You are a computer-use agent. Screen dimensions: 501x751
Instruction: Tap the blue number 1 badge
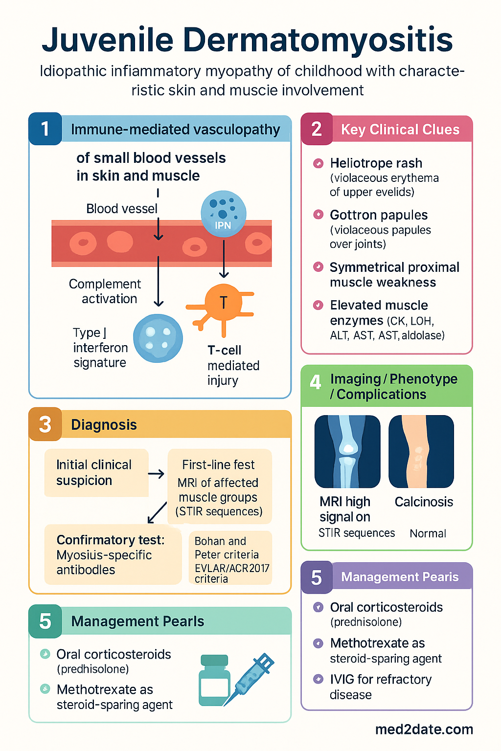(x=45, y=129)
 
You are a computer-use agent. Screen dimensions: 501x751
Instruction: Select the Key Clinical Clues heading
(x=400, y=130)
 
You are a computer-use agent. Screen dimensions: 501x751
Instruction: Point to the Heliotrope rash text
(x=376, y=163)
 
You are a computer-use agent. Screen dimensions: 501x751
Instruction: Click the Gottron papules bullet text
(x=379, y=215)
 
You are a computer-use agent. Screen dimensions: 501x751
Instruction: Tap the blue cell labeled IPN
(x=223, y=214)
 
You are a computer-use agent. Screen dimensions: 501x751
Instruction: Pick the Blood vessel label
(x=121, y=209)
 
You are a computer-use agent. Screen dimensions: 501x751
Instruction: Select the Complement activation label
(x=105, y=291)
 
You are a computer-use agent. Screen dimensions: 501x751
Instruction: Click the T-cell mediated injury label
(x=233, y=365)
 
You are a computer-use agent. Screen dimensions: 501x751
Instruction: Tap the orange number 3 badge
(x=45, y=424)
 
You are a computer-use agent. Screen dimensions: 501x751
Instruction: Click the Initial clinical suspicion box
(x=96, y=473)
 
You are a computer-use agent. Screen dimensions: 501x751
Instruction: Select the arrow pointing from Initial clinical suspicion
(x=156, y=474)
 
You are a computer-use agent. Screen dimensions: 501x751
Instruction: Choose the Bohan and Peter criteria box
(x=230, y=557)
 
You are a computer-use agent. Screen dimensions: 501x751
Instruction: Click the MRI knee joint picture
(x=347, y=451)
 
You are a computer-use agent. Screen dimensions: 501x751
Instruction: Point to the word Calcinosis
(x=424, y=502)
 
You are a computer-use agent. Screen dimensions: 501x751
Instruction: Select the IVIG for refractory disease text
(x=381, y=686)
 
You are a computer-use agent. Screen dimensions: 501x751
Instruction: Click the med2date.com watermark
(x=424, y=729)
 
